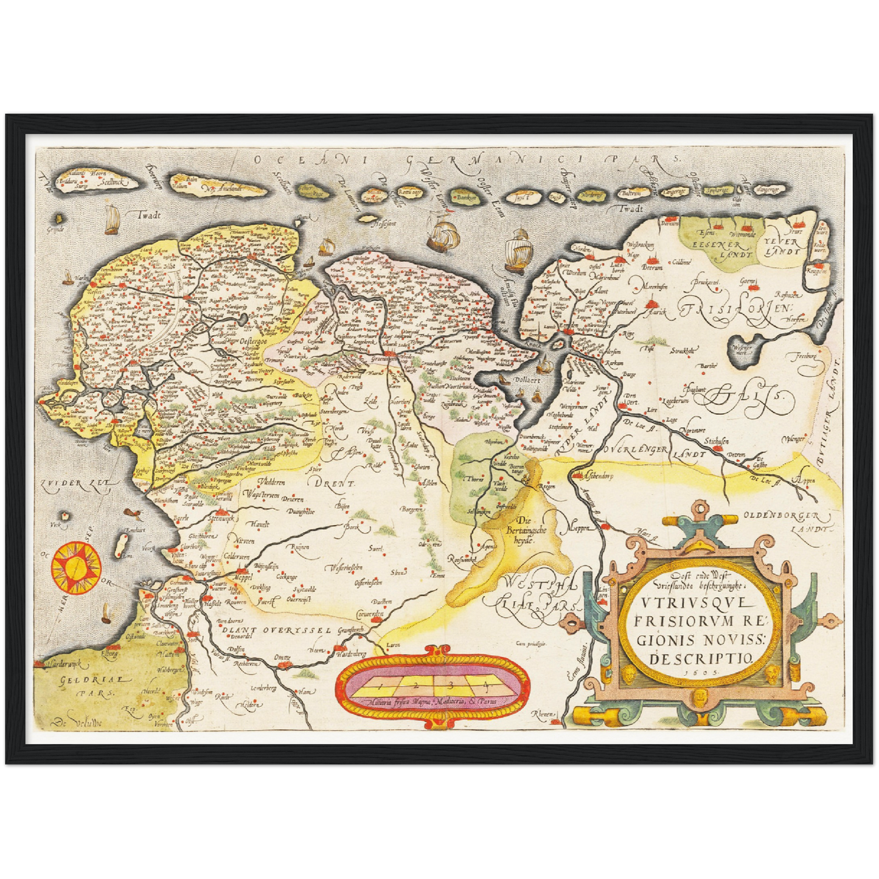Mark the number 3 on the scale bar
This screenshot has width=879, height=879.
point(450,684)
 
